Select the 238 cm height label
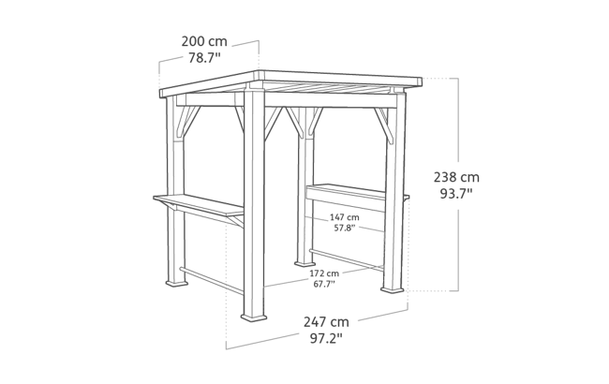458,176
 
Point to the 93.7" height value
458,194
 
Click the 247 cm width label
328,321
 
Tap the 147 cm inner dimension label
343,218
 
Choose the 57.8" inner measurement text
343,228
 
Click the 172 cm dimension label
324,273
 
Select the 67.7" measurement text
324,283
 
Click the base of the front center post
255,316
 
